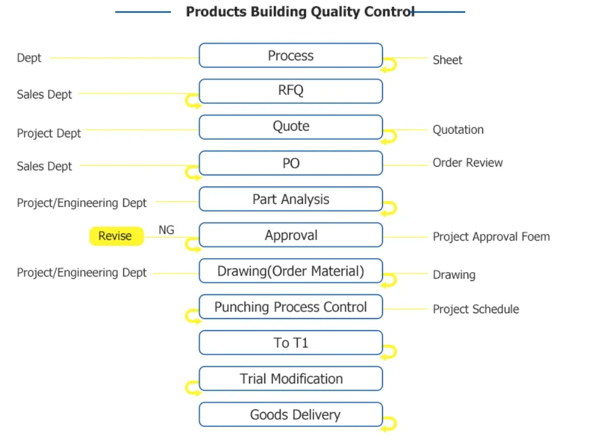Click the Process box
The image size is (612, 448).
[x=291, y=55]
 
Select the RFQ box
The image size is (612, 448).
[x=291, y=91]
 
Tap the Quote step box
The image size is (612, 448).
[x=291, y=127]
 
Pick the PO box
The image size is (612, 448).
[x=291, y=163]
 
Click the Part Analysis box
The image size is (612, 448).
[x=291, y=199]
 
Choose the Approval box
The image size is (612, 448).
[x=291, y=235]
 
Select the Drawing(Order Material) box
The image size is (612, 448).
[x=291, y=271]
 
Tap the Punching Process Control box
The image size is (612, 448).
[x=291, y=307]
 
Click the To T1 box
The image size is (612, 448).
[x=291, y=342]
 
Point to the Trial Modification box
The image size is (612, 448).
[x=291, y=378]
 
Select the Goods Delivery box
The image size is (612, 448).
[x=291, y=415]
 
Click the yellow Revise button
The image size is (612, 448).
[x=117, y=236]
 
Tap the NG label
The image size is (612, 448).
[x=166, y=230]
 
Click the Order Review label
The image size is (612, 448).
[x=468, y=162]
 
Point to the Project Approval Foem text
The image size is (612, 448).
[x=491, y=237]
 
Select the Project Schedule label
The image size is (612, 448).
[x=476, y=309]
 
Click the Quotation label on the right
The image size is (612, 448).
[x=458, y=130]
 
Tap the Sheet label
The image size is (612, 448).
[x=448, y=60]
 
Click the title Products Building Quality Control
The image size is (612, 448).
[x=300, y=12]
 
